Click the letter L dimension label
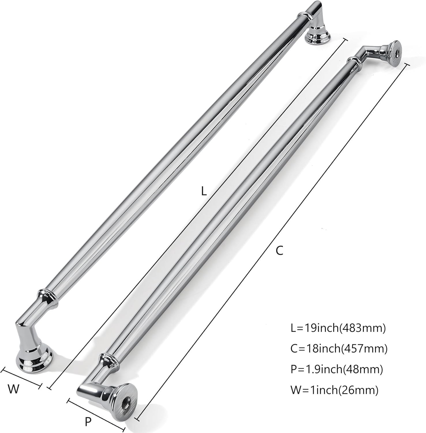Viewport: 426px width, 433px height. point(204,191)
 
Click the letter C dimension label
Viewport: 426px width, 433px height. point(279,251)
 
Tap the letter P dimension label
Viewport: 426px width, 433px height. point(88,422)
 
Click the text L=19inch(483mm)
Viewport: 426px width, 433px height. point(338,328)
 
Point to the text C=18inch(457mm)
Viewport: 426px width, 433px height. point(339,349)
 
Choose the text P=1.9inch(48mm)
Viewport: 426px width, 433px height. point(337,369)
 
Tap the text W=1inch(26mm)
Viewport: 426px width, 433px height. point(334,390)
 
